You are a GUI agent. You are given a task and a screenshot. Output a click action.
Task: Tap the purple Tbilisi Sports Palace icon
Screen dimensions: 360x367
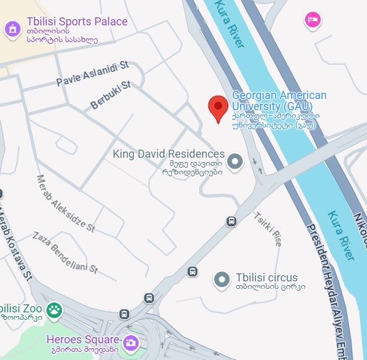click(12, 28)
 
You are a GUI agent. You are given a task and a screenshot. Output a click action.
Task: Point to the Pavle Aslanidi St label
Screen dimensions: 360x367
click(92, 73)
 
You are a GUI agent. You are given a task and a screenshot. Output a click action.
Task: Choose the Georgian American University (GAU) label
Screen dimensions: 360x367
click(278, 101)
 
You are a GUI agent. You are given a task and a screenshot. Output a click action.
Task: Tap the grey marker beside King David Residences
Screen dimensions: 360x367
click(235, 162)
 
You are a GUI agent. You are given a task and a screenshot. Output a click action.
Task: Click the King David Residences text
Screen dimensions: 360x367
click(168, 153)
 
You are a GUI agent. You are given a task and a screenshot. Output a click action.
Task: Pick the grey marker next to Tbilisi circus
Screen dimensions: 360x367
click(222, 280)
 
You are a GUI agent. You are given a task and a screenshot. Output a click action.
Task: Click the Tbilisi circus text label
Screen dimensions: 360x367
click(266, 278)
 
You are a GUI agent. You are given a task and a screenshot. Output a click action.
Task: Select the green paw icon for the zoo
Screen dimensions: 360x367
click(55, 309)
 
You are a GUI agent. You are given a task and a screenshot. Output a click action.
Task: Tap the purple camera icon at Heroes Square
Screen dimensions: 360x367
click(131, 341)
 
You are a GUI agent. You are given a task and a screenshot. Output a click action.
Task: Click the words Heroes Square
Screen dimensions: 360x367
click(82, 340)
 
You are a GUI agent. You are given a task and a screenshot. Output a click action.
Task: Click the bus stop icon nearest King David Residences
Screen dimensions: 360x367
click(231, 221)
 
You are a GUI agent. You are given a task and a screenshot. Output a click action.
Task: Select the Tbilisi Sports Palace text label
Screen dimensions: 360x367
click(76, 21)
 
